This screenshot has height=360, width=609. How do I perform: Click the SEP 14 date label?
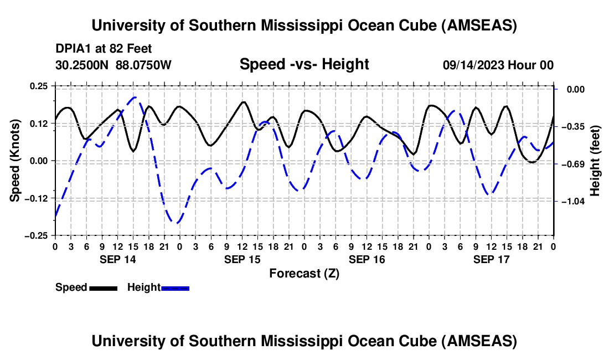[118, 259]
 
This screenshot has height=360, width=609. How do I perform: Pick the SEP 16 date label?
[367, 259]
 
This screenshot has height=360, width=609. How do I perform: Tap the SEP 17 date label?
[492, 259]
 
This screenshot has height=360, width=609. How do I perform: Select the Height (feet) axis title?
[595, 161]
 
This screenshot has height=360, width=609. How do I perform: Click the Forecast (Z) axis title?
[304, 273]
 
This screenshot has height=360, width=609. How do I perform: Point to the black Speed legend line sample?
[103, 288]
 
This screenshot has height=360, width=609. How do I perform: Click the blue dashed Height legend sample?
[175, 288]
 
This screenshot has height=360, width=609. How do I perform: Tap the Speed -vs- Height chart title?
[304, 64]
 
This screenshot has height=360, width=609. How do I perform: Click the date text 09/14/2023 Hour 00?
[498, 65]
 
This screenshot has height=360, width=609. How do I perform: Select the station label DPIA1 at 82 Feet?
[104, 49]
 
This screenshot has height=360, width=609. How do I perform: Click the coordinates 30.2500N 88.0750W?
[113, 65]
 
